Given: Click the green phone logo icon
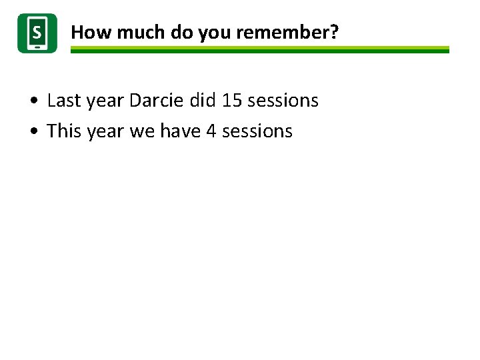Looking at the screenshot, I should pos(37,33).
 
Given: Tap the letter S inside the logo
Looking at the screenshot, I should pos(37,31).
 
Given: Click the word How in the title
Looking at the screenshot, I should pos(86,32).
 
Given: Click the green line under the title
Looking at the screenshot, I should pos(260,50).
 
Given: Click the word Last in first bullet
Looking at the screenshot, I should pos(64,101).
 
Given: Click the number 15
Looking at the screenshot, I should pos(232,101).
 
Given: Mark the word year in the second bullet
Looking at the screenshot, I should pos(105,132).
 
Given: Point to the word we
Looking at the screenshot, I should pos(142,132).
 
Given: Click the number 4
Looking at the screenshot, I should pos(211,131).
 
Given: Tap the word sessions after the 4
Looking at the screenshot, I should pos(257,131).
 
